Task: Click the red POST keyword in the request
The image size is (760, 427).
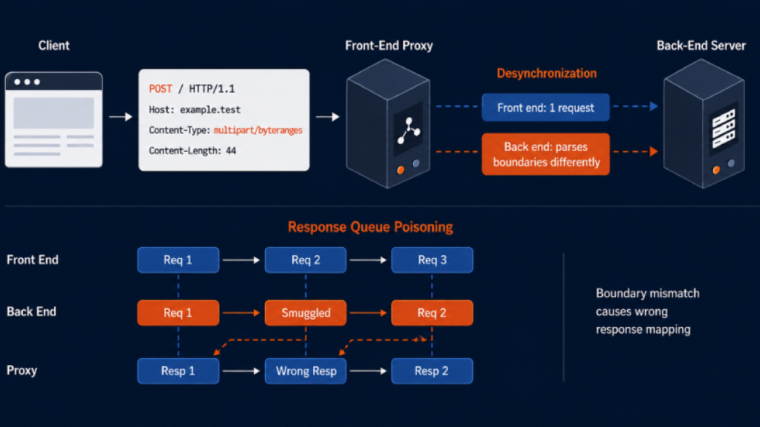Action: tap(160, 88)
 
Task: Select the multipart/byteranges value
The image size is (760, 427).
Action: tap(258, 130)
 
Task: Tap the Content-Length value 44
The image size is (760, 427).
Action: tap(231, 150)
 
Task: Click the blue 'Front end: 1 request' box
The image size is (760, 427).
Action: tap(546, 108)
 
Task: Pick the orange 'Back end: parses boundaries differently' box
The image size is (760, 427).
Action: tap(546, 154)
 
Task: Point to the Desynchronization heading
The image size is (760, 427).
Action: tap(546, 73)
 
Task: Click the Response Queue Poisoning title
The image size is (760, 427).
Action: tap(371, 226)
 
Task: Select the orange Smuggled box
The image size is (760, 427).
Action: tap(306, 313)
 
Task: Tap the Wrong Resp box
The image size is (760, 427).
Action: tap(306, 371)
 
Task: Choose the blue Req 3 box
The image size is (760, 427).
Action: tap(433, 260)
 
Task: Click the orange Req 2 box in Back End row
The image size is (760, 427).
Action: tap(433, 313)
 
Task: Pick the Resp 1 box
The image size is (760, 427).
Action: tap(178, 371)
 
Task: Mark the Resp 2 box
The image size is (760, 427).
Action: tap(433, 371)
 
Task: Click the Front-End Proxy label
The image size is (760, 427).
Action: tap(389, 45)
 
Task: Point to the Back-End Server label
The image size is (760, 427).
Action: tap(701, 45)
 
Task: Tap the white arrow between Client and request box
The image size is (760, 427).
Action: tap(121, 116)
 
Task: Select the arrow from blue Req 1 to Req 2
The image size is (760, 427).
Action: tap(241, 260)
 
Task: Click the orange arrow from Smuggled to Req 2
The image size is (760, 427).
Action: tap(368, 313)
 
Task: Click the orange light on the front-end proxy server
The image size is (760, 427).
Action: tap(400, 170)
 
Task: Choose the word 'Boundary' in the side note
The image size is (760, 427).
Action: tap(617, 293)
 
